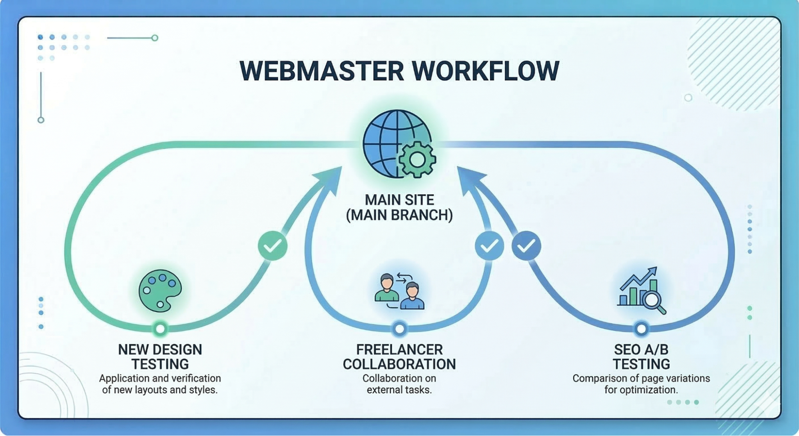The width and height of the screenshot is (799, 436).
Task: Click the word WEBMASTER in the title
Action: coord(322,71)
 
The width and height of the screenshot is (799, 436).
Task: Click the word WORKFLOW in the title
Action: coord(486,71)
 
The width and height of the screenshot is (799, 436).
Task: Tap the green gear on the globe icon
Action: coord(417,159)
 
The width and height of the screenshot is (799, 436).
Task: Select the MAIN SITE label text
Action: coord(399,200)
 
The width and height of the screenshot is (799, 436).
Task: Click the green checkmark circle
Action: coord(273,246)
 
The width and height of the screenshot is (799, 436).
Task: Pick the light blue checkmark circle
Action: coord(489,246)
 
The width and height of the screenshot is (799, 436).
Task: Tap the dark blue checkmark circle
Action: coord(526,246)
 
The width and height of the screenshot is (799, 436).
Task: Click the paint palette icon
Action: coord(160,291)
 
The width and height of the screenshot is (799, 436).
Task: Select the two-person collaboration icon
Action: coord(399,291)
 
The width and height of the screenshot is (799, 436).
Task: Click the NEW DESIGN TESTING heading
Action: coord(160,357)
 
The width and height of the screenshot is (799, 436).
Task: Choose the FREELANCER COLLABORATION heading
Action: coord(399,357)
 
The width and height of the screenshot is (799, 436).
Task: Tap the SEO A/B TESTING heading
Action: coord(641,357)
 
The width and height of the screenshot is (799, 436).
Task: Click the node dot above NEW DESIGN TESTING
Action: coord(160,328)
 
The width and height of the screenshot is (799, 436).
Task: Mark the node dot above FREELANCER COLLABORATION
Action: coord(399,329)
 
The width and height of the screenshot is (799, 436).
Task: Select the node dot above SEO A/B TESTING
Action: coord(641,329)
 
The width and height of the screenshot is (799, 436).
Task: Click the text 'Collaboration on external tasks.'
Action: coord(399,384)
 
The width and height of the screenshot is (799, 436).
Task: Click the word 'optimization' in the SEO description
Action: coord(648,390)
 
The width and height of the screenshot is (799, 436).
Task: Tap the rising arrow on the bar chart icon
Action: coord(638,278)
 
